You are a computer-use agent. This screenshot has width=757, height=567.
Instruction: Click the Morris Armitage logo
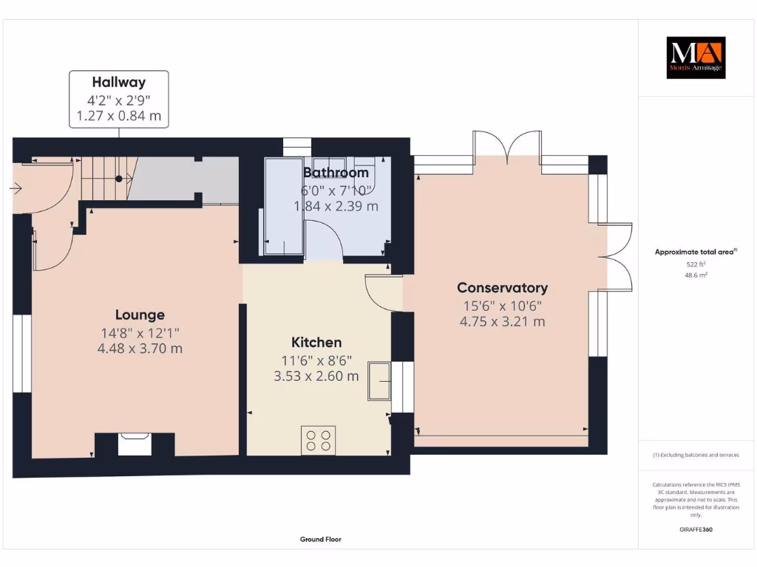(x=696, y=58)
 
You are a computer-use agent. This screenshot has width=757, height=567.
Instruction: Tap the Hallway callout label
(x=118, y=99)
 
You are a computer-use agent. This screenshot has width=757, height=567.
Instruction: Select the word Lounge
(x=140, y=315)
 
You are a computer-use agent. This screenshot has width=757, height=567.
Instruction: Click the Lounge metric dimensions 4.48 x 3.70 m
(x=140, y=348)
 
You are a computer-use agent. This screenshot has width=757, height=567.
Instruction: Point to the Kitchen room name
(x=316, y=343)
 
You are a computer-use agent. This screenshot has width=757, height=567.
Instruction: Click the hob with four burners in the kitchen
(x=318, y=440)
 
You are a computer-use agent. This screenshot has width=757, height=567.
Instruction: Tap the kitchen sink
(x=379, y=381)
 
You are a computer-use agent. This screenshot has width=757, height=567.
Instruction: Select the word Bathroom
(x=336, y=173)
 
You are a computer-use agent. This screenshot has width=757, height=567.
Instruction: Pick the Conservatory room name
(x=502, y=288)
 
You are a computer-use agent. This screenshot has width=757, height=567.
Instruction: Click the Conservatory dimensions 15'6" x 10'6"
(x=502, y=306)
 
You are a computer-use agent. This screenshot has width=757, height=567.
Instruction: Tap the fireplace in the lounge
(x=135, y=444)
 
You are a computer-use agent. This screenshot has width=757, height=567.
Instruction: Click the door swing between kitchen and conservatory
(x=381, y=292)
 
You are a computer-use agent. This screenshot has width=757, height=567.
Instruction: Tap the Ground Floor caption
(x=320, y=540)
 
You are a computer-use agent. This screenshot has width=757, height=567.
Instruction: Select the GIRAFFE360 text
(x=696, y=529)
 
